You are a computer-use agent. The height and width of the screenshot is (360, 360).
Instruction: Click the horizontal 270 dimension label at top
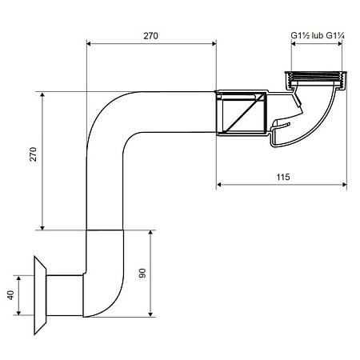point(150,36)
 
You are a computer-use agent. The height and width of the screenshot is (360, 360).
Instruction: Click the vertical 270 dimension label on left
point(33,154)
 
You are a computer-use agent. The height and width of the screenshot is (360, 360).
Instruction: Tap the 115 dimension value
point(283,177)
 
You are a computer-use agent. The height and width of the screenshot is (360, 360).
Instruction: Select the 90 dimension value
point(142,274)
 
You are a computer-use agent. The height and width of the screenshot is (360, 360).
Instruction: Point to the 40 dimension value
point(10,295)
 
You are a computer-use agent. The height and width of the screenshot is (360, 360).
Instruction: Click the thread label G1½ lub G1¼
point(318,35)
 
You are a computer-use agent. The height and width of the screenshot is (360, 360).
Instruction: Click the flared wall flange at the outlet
point(40,295)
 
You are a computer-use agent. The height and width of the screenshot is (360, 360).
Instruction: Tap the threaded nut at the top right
point(316,80)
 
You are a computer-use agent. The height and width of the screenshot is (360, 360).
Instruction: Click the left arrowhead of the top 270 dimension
point(89,43)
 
